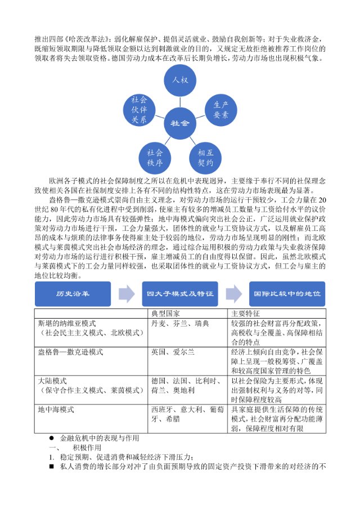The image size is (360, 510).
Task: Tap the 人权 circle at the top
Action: tap(180, 80)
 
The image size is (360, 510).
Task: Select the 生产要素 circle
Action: tap(220, 109)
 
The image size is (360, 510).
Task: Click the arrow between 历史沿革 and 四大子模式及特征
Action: tap(127, 294)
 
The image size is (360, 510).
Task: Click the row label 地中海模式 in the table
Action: tap(56, 409)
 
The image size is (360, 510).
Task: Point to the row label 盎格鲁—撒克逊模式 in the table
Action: tap(70, 352)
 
